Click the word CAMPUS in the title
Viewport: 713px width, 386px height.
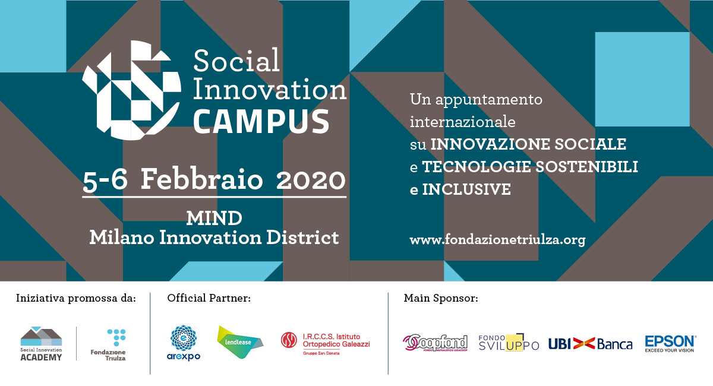pos(261,121)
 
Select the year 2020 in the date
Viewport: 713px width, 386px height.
pos(311,180)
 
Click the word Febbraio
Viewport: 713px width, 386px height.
pos(202,179)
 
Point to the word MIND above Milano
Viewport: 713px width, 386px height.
pos(214,219)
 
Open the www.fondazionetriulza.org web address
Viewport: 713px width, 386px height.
pos(497,240)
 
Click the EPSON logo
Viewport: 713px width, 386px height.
pos(670,344)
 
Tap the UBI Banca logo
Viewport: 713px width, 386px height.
pos(590,344)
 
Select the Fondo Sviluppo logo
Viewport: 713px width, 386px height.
pos(509,343)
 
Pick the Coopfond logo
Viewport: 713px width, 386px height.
pos(435,343)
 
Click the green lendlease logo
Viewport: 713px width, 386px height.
pos(240,342)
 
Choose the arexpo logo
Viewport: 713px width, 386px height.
pos(184,343)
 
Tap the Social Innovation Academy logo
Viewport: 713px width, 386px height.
pos(41,344)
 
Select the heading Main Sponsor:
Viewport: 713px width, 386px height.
pos(441,298)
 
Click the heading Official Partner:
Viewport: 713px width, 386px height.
pos(209,298)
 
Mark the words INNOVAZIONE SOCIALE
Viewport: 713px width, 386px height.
pos(528,144)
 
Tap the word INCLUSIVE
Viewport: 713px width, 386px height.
pos(466,189)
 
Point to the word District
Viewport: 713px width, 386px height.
pos(302,238)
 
